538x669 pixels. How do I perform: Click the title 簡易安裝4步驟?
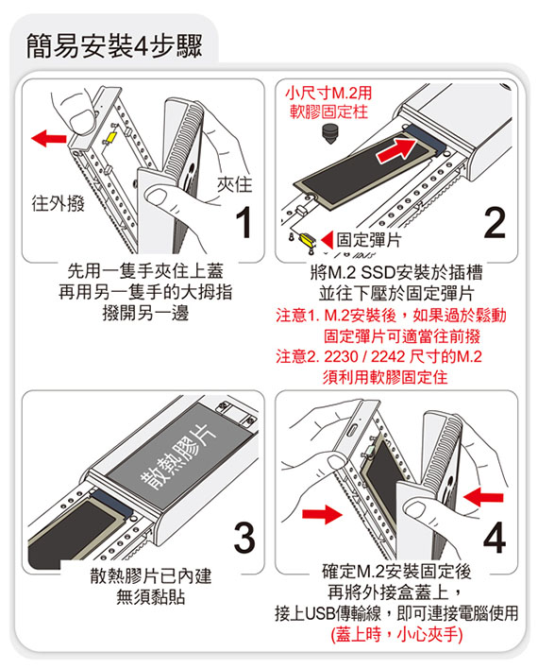point(114,46)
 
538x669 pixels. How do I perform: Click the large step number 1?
point(244,222)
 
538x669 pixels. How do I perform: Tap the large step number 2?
point(495,222)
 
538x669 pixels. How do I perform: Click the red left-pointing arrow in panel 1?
point(49,138)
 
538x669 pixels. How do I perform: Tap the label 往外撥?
point(58,203)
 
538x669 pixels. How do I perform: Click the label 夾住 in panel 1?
point(234,184)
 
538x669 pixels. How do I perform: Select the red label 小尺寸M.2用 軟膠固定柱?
point(328,102)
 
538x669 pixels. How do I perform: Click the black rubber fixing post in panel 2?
point(328,132)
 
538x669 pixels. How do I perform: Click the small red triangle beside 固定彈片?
point(327,240)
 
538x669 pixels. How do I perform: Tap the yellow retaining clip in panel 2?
point(307,241)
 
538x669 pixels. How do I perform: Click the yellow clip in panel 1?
point(110,136)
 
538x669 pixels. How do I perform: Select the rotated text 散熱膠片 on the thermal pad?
point(179,457)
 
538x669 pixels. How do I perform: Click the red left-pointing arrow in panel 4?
point(483,497)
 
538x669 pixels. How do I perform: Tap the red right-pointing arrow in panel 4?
point(322,514)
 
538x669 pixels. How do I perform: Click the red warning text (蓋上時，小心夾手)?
point(396,635)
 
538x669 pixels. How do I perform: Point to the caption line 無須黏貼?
point(150,597)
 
